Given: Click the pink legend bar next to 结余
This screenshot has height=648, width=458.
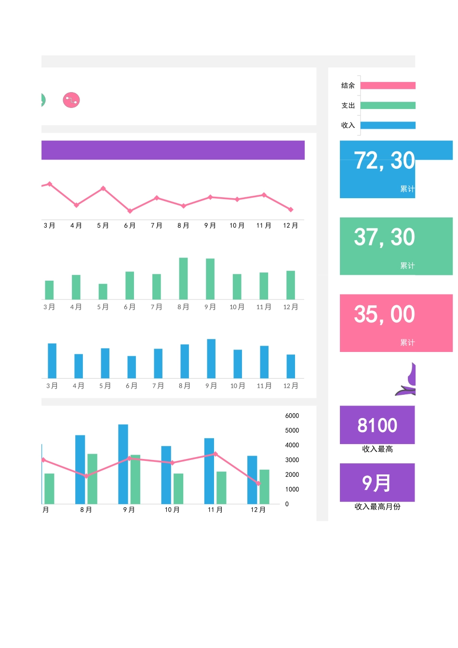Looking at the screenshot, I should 388,85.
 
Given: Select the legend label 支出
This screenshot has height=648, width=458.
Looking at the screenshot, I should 348,106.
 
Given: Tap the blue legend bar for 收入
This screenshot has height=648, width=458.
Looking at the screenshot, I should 388,125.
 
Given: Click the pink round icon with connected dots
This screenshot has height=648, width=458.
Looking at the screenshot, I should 71,100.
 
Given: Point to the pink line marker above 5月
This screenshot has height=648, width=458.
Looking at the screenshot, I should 103,189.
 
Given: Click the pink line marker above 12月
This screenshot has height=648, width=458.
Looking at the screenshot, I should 291,209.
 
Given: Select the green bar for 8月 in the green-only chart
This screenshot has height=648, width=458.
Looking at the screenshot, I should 183,278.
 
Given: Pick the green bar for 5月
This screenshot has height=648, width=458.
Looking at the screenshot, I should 103,291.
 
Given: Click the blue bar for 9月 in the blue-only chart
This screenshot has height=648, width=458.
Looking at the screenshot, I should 211,358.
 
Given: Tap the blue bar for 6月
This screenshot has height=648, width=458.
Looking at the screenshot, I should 132,366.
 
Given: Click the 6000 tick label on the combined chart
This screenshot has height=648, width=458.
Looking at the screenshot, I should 292,416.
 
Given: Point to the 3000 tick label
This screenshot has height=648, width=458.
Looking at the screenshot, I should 292,460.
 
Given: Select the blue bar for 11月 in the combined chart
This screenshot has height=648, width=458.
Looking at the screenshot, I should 209,471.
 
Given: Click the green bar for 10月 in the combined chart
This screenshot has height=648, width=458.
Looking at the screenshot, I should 178,488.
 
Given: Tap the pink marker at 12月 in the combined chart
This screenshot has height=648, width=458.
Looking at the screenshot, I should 258,483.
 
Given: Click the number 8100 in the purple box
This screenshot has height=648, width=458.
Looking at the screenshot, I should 377,425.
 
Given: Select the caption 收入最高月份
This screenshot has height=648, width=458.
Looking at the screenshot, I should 377,507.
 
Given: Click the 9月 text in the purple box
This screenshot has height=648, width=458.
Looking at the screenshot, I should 377,483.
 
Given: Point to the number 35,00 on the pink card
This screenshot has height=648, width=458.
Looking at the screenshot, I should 384,314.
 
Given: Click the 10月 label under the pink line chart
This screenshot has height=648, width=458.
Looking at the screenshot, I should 237,226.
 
